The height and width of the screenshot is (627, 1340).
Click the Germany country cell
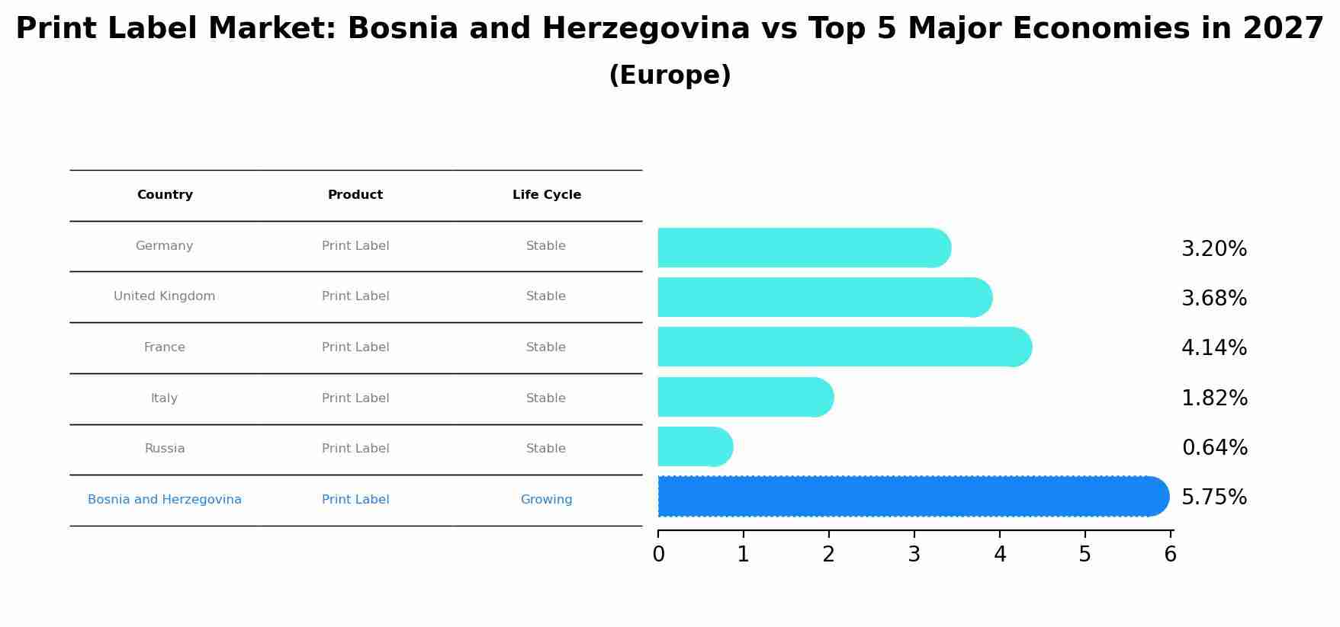coord(164,246)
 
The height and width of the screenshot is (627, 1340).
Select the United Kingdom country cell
coord(164,296)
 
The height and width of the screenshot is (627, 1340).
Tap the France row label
coord(164,347)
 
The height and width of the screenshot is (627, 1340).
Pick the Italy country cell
coord(164,398)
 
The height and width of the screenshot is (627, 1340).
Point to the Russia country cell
coord(164,449)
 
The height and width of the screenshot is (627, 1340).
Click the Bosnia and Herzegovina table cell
coord(164,500)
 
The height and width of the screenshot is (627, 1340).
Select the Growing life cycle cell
coord(546,500)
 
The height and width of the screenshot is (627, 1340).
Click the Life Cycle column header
coord(546,195)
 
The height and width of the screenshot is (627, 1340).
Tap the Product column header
coord(355,195)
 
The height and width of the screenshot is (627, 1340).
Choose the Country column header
coord(164,195)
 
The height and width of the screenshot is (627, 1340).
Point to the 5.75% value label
coord(1214,497)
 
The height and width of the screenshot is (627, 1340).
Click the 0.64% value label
coord(1214,448)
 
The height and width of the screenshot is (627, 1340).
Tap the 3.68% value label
coord(1214,299)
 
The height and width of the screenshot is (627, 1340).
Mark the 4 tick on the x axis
coord(1000,555)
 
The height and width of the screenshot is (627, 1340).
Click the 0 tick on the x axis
coord(658,555)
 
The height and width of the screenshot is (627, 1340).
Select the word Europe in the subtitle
coord(670,75)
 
